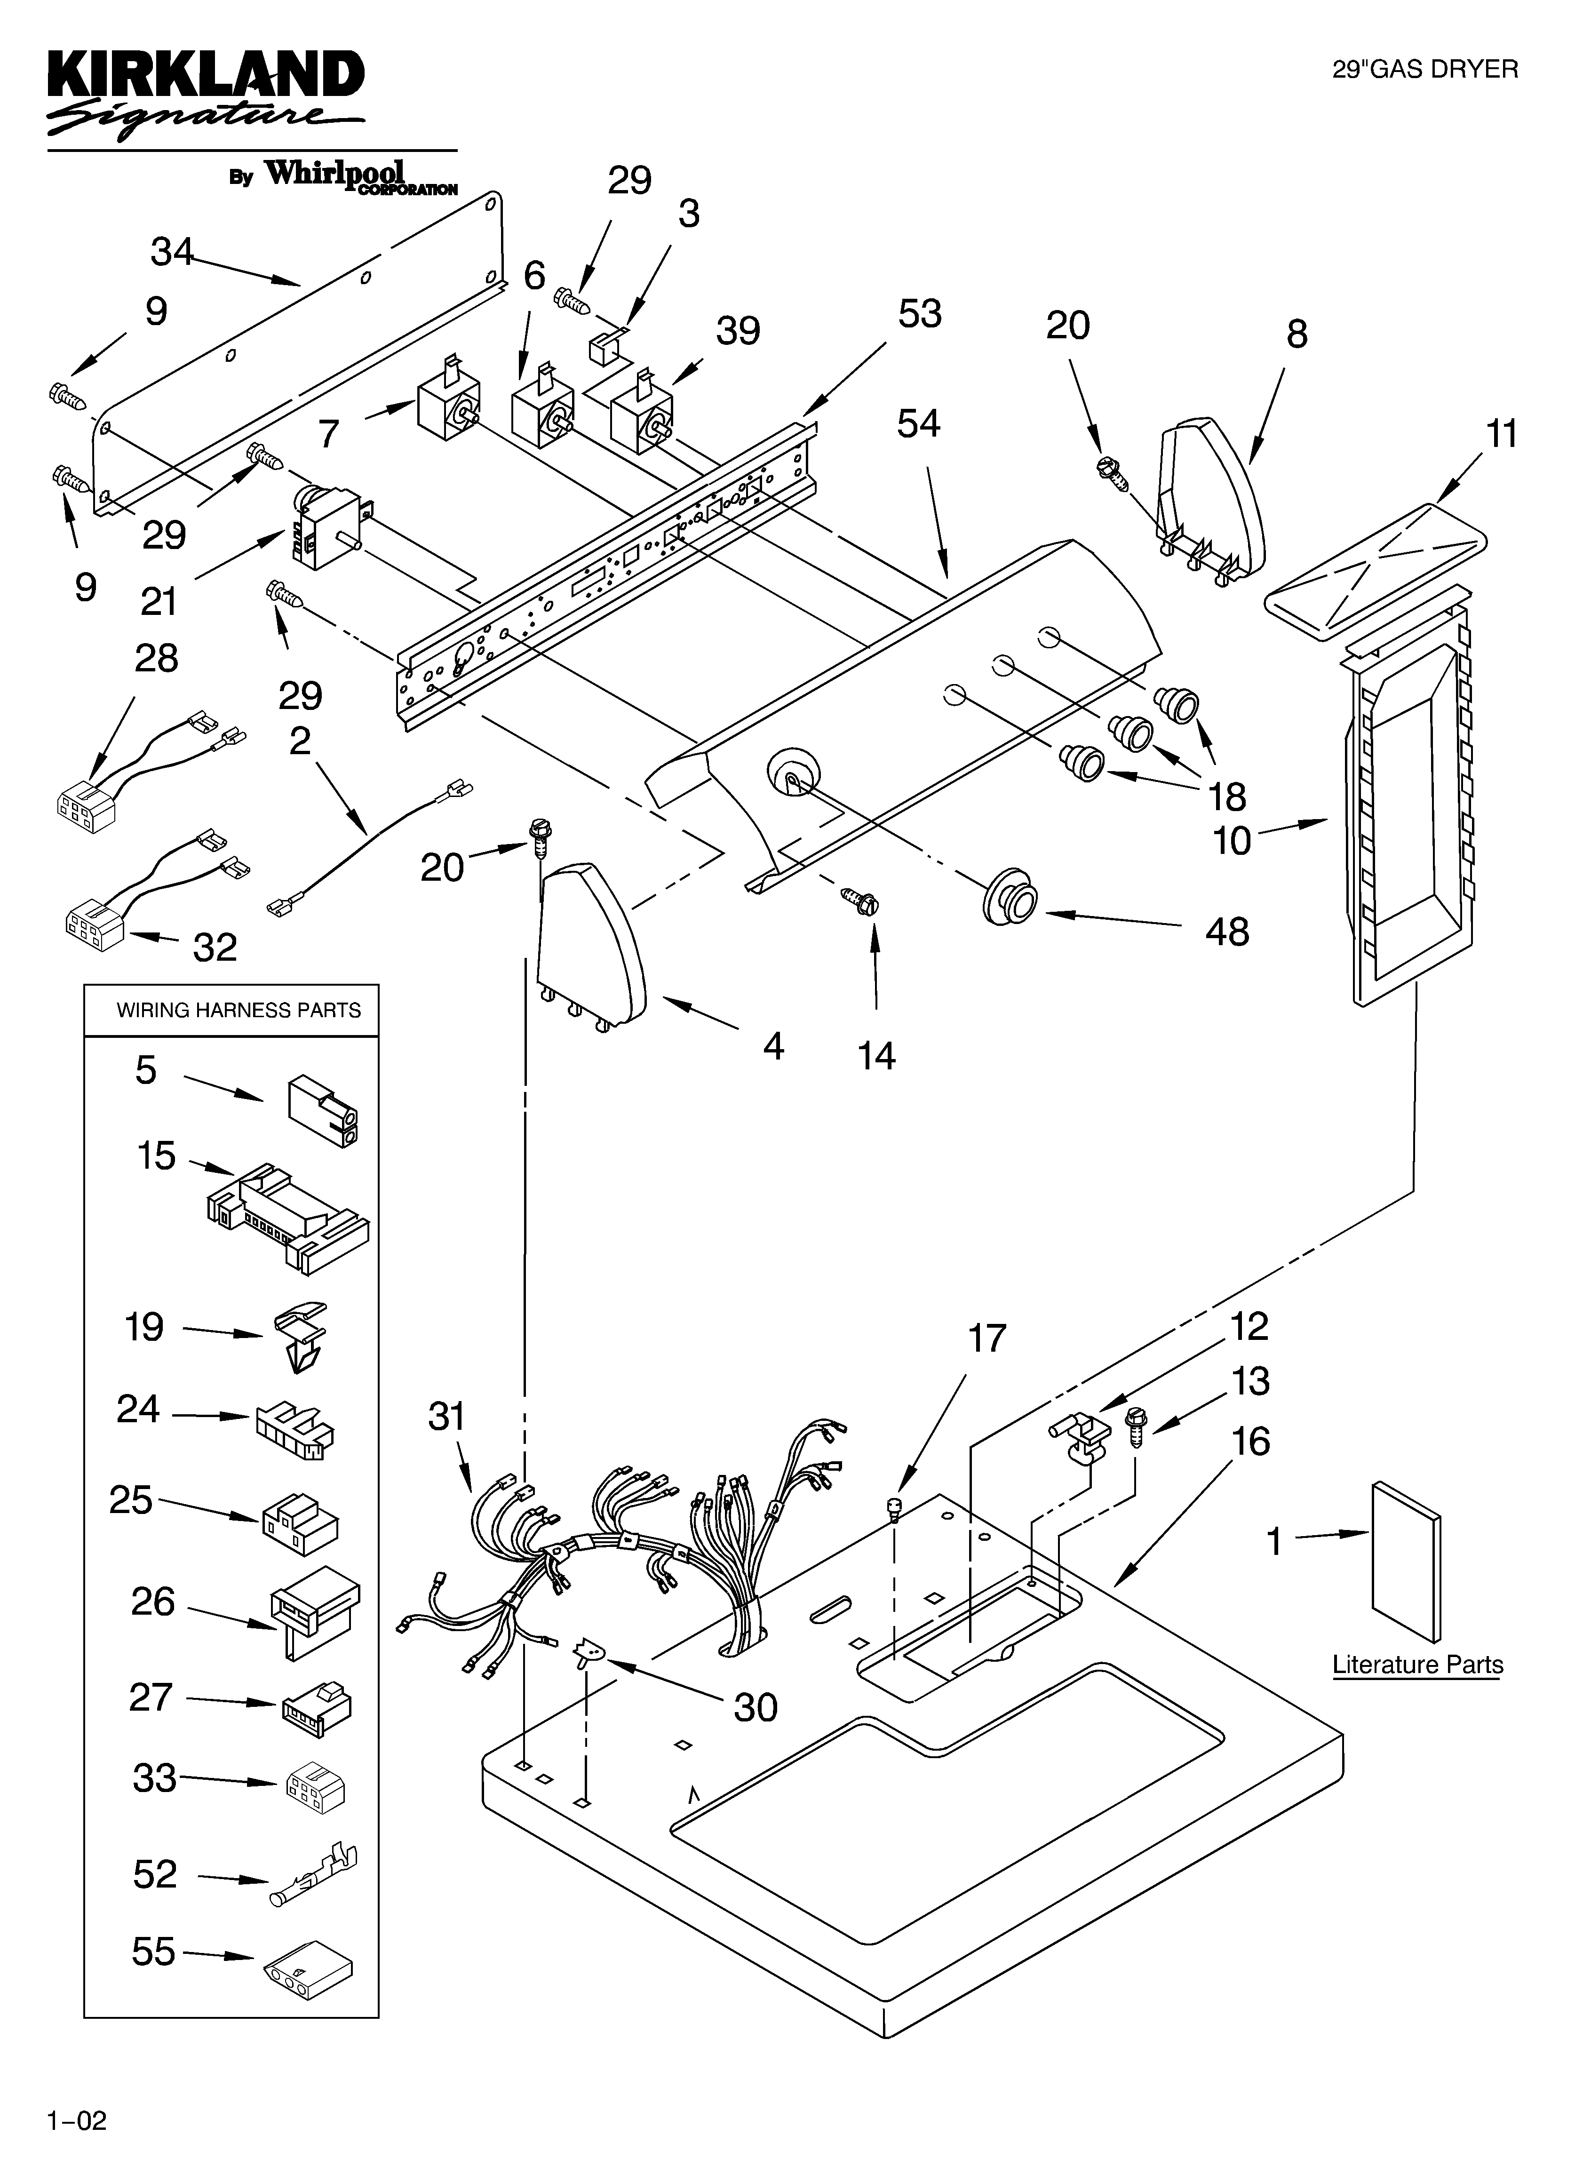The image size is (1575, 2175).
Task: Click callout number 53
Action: coord(919,314)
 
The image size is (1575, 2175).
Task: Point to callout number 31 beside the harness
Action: coord(446,1416)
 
